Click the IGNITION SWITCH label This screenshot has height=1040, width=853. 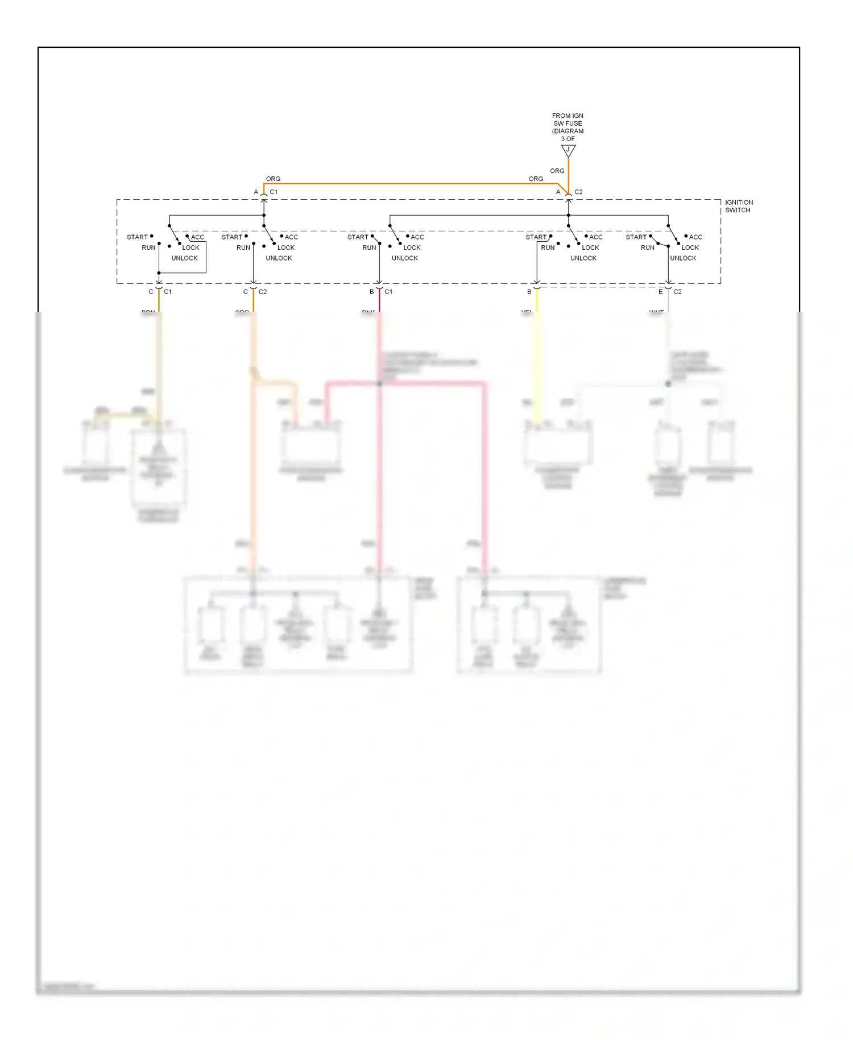(x=739, y=207)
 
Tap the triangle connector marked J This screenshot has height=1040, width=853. (x=568, y=151)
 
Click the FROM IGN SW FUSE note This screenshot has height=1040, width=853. (x=568, y=127)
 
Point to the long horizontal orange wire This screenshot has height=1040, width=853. (x=409, y=184)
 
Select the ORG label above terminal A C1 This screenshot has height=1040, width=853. (x=273, y=179)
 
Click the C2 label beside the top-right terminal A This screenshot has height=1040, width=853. (x=578, y=192)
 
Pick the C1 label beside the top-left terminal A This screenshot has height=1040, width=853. (x=274, y=192)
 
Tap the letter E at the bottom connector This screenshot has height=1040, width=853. (x=660, y=292)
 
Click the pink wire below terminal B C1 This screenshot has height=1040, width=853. (x=379, y=302)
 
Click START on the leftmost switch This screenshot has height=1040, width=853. (x=137, y=237)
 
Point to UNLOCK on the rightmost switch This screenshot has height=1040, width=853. (x=683, y=258)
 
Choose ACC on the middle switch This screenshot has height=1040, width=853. (x=417, y=237)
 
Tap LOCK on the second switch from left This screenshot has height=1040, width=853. (x=286, y=248)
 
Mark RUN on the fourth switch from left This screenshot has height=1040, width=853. (x=548, y=248)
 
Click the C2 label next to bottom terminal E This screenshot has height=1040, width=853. (x=677, y=292)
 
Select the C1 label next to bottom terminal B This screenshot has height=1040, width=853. (x=388, y=292)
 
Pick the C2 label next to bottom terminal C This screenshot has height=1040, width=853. (x=263, y=292)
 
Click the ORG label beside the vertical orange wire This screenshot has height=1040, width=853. (x=557, y=171)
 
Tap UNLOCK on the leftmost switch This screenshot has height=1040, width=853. (x=184, y=258)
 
